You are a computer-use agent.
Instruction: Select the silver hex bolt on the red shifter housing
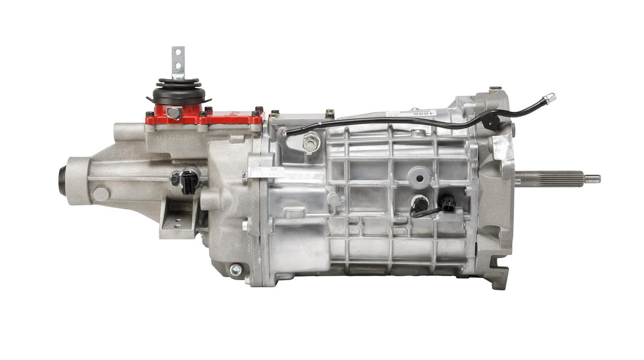[x=174, y=113]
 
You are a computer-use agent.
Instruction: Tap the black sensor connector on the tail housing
[x=187, y=181]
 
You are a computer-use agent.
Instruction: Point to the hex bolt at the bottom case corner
[x=235, y=269]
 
